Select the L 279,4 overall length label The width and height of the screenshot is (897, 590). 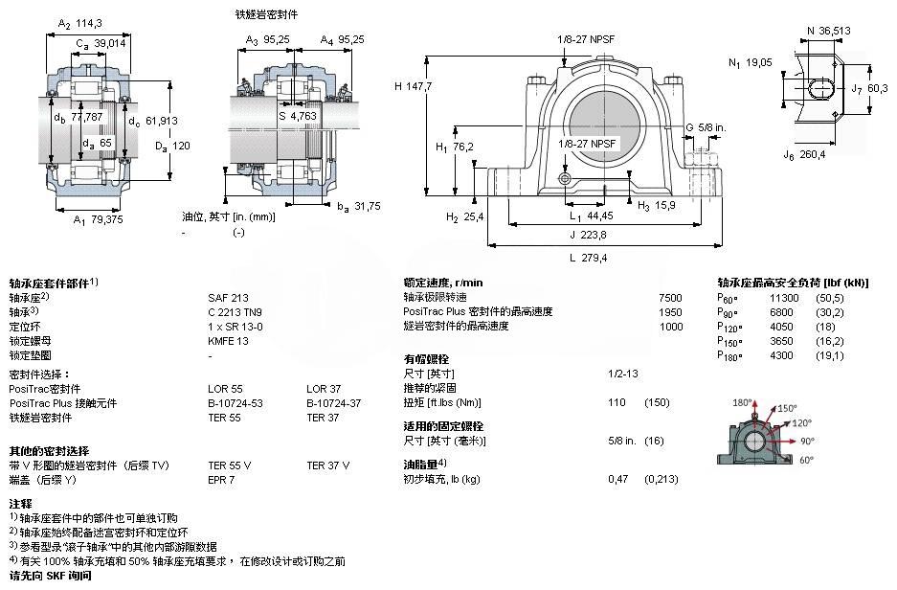[x=589, y=258]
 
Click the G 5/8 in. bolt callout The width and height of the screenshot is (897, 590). [x=705, y=127]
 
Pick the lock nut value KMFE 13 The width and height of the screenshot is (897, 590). [x=228, y=340]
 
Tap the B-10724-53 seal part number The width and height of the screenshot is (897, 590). [x=235, y=403]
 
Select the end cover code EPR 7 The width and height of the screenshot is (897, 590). [x=221, y=479]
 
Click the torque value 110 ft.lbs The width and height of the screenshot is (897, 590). [x=617, y=403]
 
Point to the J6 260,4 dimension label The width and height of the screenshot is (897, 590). [x=804, y=154]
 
